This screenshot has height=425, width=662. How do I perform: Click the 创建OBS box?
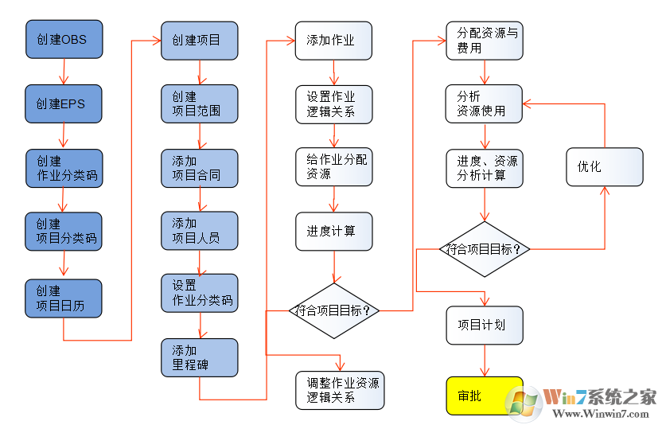click(64, 39)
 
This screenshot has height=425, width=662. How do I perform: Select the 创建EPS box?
click(64, 103)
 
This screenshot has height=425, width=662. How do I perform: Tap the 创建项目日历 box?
click(64, 298)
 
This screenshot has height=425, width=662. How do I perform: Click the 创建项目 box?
click(199, 39)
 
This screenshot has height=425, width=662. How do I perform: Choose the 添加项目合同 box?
click(199, 168)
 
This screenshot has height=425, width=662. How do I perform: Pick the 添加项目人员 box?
click(199, 231)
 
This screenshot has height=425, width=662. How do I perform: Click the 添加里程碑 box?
click(199, 358)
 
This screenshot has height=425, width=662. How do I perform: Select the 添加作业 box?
click(333, 39)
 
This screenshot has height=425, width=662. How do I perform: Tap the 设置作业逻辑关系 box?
click(333, 104)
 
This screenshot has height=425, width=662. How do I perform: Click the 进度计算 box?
click(333, 231)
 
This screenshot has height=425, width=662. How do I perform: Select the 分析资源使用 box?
click(484, 104)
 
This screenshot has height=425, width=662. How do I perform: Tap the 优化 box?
click(604, 166)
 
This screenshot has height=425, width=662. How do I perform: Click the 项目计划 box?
click(484, 325)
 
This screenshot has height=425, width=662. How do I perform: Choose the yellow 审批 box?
click(484, 396)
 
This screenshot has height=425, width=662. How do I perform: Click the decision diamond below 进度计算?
click(333, 310)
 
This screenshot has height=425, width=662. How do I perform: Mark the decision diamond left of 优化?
click(484, 249)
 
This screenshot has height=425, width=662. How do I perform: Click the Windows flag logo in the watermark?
click(525, 401)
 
